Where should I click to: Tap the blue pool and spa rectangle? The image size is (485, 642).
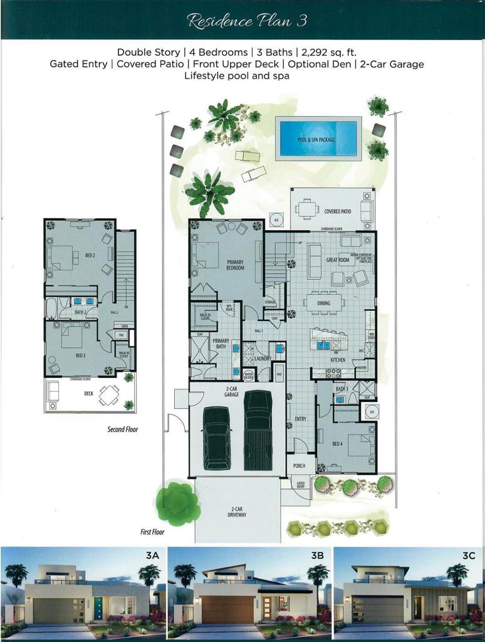click(x=320, y=139)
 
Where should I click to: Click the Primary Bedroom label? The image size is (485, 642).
click(x=235, y=265)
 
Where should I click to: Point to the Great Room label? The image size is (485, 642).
click(x=337, y=260)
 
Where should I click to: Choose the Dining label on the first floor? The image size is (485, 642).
click(x=323, y=303)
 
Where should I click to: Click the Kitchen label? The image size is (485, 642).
click(x=338, y=360)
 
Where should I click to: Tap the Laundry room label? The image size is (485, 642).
click(x=262, y=359)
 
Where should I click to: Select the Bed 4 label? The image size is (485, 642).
click(x=338, y=444)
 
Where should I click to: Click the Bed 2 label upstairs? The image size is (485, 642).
click(x=90, y=256)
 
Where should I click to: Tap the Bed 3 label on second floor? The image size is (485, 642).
click(x=81, y=355)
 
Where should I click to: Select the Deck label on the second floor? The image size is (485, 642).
click(x=88, y=394)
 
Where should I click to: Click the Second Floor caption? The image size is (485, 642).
click(x=122, y=429)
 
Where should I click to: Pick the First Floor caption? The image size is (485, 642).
click(x=152, y=532)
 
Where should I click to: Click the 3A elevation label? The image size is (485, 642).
click(x=152, y=555)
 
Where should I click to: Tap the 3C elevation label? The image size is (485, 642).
click(x=474, y=555)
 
